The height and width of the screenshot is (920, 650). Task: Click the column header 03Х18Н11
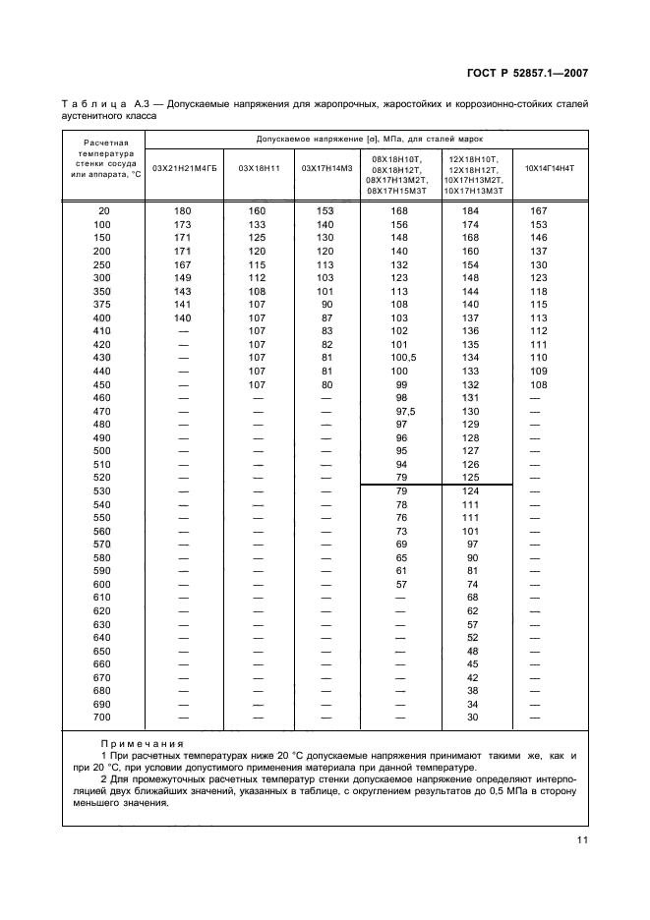pyautogui.click(x=259, y=169)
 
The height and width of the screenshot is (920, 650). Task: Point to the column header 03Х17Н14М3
pyautogui.click(x=325, y=169)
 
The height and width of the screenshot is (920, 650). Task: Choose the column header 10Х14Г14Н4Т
pyautogui.click(x=550, y=169)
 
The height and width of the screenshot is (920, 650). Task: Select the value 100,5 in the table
pyautogui.click(x=400, y=359)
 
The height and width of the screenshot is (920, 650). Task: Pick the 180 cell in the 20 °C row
pyautogui.click(x=182, y=211)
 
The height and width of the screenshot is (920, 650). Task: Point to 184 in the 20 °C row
pyautogui.click(x=472, y=211)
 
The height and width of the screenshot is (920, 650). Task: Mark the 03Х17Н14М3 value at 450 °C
pyautogui.click(x=326, y=385)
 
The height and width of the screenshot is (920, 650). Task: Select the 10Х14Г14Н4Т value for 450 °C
pyautogui.click(x=539, y=385)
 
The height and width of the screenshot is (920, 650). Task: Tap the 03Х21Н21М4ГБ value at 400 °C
pyautogui.click(x=182, y=318)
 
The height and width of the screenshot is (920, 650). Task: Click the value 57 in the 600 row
pyautogui.click(x=400, y=584)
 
